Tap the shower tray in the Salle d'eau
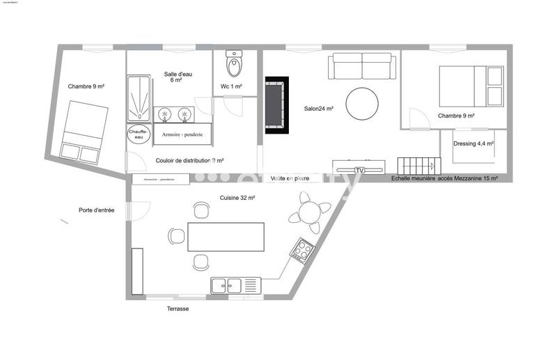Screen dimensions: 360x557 tap(141, 98)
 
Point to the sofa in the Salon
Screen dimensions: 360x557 tap(362, 67)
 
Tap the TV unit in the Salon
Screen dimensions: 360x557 tap(358, 168)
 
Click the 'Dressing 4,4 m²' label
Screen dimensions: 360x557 tap(473, 144)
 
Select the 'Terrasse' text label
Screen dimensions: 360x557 tap(178, 308)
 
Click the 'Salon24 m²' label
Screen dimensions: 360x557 tap(319, 109)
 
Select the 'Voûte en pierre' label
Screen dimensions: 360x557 tap(290, 178)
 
